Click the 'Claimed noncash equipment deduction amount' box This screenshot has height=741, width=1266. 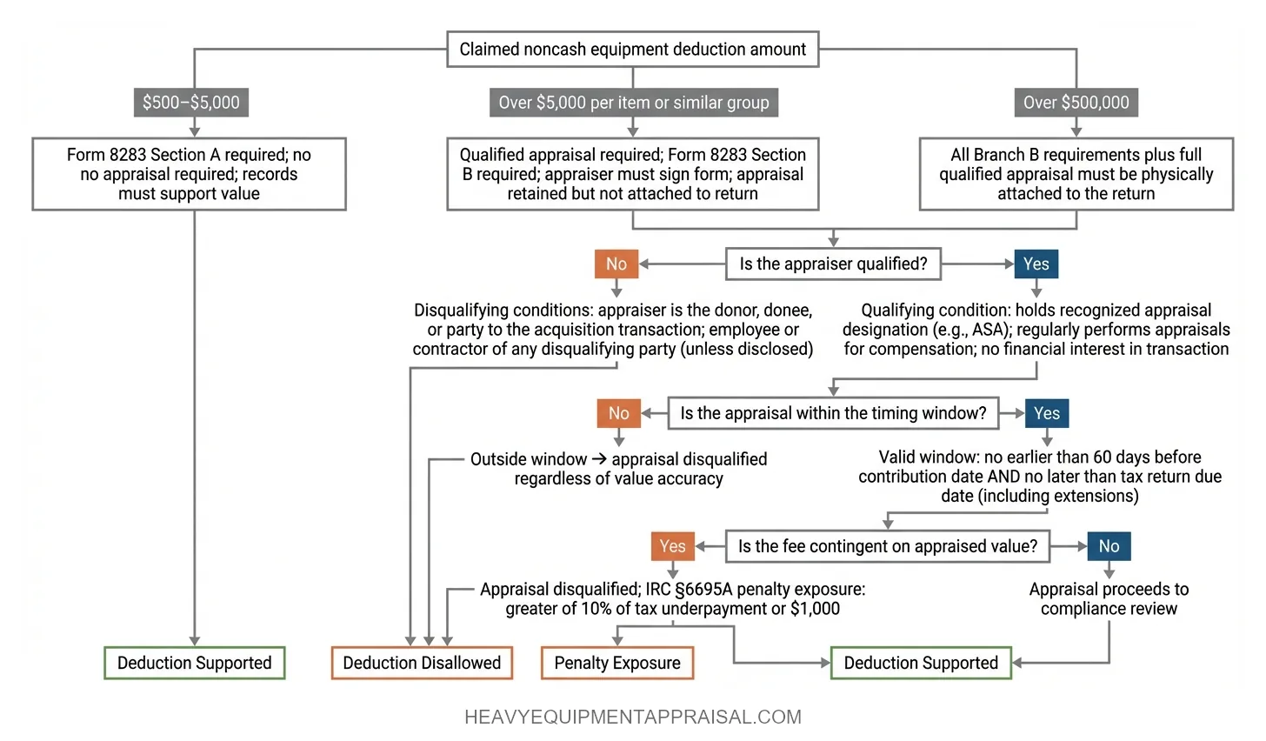tap(632, 50)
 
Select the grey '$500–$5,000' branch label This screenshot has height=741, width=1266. tap(191, 103)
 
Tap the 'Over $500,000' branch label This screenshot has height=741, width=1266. tap(1076, 103)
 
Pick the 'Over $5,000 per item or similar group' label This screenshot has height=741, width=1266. tap(633, 103)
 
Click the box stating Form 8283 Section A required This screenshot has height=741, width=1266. tap(189, 174)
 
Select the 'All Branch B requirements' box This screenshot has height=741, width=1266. tap(1076, 174)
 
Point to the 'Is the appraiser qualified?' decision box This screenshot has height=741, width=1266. tap(833, 264)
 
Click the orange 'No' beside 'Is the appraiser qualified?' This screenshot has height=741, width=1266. tap(616, 264)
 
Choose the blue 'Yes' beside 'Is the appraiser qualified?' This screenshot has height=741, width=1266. tap(1036, 264)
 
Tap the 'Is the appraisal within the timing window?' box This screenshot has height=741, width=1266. tap(833, 413)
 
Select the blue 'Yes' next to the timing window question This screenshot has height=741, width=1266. tap(1046, 413)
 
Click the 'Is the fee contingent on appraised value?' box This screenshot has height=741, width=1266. tap(887, 546)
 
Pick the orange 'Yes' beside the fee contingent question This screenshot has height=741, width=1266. tap(672, 546)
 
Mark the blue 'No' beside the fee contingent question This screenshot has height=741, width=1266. tap(1109, 546)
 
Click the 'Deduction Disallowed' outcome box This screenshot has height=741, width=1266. tap(422, 663)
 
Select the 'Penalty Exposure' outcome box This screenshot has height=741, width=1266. tap(617, 663)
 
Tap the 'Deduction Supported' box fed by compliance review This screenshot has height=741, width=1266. tap(921, 663)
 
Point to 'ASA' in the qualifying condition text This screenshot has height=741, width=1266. tap(983, 330)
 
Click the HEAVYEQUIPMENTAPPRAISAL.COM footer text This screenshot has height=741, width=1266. tap(633, 718)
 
